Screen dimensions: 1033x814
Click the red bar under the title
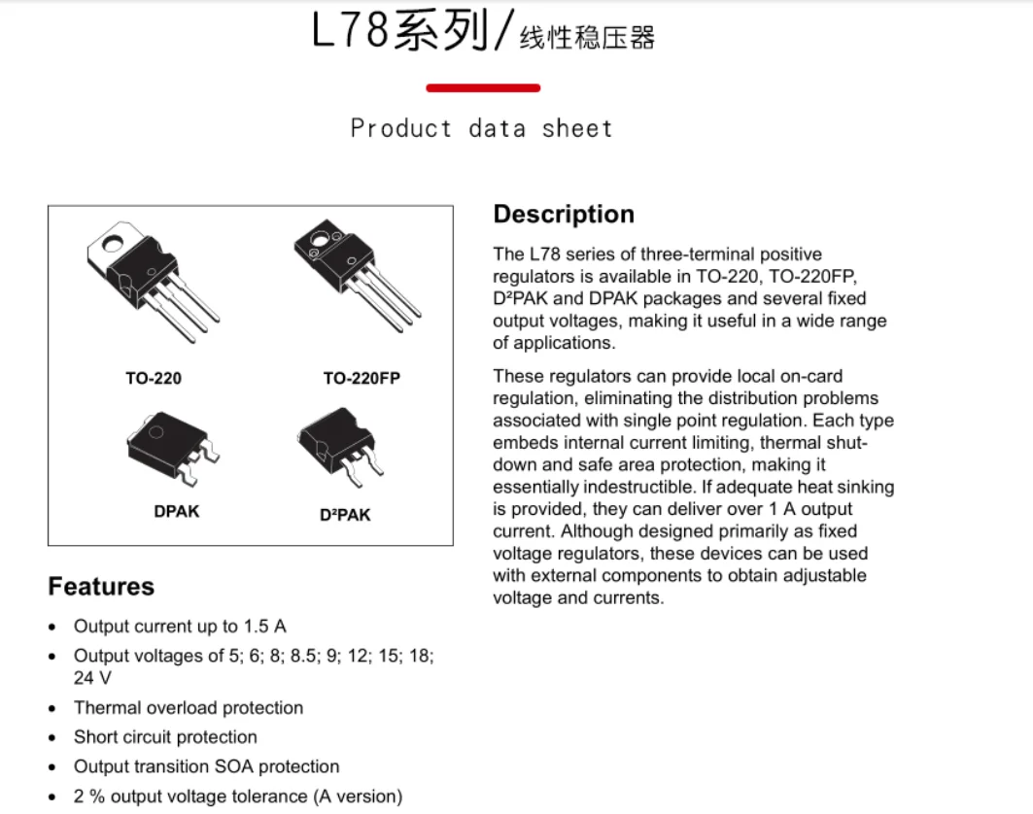coord(483,88)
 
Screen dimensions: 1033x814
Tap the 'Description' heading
coord(564,215)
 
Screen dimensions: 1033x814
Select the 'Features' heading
coord(101,587)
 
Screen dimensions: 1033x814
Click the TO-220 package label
coord(154,378)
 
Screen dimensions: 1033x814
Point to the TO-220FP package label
coord(362,378)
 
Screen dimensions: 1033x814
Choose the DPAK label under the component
coord(176,510)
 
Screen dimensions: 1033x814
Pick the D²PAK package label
coord(345,515)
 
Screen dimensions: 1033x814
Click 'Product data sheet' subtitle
coord(482,128)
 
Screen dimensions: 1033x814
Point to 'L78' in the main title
coord(351,32)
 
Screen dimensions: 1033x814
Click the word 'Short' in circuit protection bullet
coord(95,737)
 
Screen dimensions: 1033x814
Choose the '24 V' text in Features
coord(92,677)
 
